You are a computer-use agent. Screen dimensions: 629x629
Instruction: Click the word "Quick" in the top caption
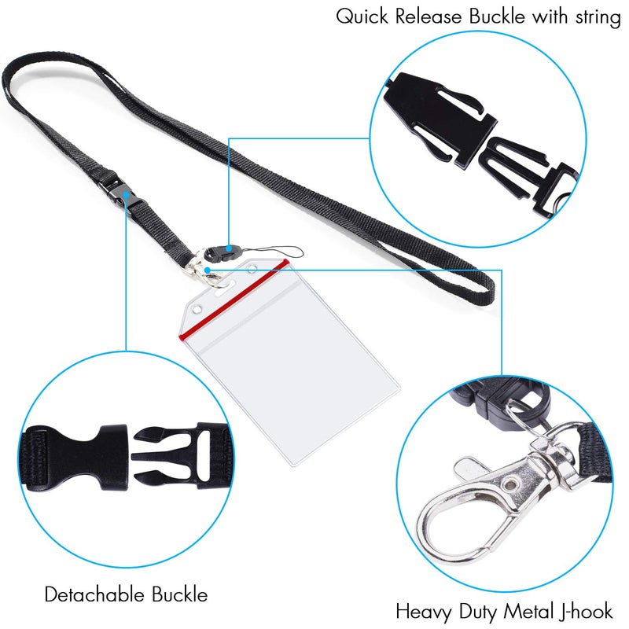[362, 17]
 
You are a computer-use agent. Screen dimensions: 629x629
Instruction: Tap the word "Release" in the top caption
[429, 17]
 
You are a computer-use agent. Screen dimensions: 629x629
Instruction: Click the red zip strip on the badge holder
[234, 299]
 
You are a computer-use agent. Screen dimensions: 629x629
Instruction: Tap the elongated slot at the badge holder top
[225, 289]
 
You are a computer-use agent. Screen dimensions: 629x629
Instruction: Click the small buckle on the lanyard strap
[120, 192]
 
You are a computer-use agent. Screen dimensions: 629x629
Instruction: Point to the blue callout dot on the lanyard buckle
[127, 195]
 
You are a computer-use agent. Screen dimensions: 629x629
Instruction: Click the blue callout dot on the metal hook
[207, 270]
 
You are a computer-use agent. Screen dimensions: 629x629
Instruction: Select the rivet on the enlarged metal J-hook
[510, 484]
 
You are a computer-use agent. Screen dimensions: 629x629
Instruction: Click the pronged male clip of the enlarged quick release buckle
[529, 176]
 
